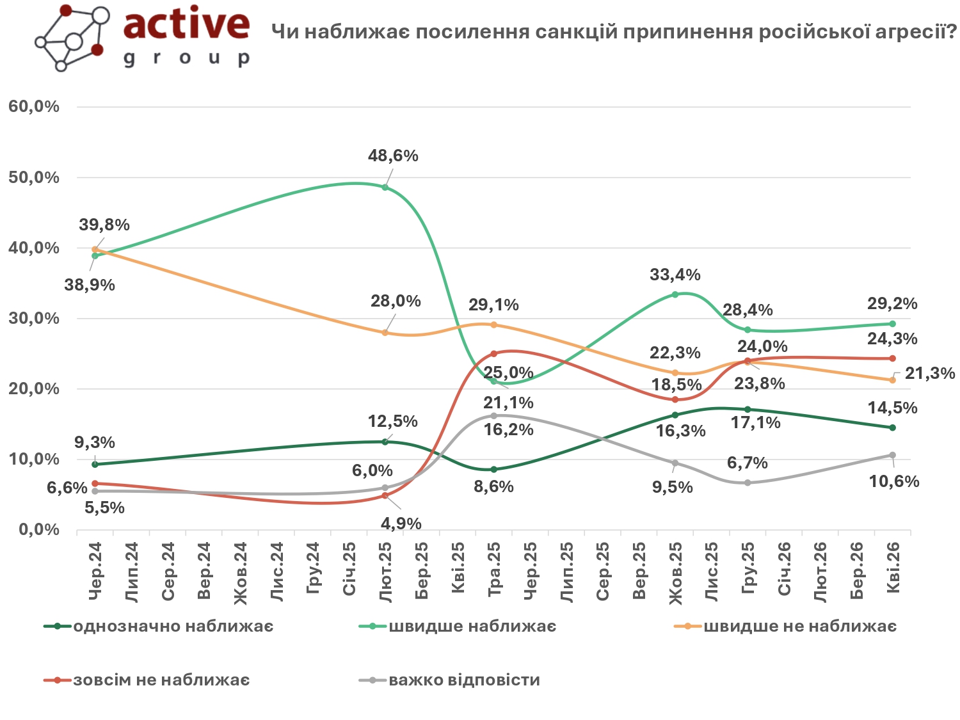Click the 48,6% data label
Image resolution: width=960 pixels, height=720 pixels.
393,156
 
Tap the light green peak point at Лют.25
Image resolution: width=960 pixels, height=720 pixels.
385,188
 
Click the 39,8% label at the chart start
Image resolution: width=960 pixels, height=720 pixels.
104,225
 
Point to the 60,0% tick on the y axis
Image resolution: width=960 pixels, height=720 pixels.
34,107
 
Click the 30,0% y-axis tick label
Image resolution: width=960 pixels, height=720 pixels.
34,319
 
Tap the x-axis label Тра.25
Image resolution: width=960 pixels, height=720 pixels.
494,570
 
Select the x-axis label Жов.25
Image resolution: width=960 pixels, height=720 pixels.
676,573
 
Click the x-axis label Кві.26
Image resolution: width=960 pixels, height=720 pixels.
893,568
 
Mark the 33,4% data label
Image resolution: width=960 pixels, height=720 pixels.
675,275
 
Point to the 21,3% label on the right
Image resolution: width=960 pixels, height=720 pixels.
929,374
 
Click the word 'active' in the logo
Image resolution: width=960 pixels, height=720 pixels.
186,24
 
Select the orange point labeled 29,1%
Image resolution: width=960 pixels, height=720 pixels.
493,325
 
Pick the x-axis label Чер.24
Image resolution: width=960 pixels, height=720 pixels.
95,572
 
